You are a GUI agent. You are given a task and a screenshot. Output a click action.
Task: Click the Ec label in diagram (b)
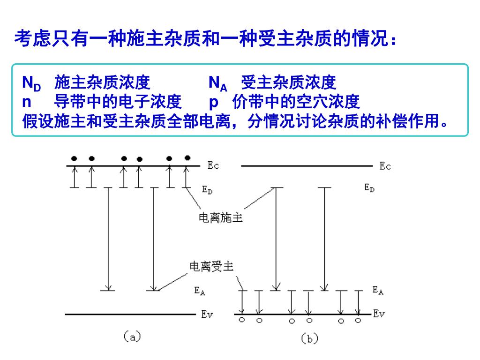click(385, 166)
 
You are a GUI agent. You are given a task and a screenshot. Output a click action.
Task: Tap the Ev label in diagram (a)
click(207, 315)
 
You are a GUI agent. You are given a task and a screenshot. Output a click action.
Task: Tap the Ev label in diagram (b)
click(379, 314)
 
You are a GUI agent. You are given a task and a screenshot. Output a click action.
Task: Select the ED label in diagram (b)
click(369, 188)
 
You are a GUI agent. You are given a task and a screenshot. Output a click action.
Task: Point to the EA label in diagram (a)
click(200, 291)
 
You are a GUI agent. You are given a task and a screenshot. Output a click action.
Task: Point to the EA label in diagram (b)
click(378, 290)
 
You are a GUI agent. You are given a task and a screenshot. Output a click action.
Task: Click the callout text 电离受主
click(211, 267)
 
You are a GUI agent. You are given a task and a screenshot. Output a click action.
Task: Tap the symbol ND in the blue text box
click(31, 83)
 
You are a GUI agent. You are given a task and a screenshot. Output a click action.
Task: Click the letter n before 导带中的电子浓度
click(27, 101)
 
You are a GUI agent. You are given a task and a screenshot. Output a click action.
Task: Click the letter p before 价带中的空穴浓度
click(214, 102)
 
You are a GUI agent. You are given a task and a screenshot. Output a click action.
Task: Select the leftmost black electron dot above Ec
click(74, 158)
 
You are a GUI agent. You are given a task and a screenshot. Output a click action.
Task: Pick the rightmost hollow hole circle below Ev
click(358, 321)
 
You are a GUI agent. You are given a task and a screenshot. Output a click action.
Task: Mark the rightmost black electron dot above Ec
click(187, 157)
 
